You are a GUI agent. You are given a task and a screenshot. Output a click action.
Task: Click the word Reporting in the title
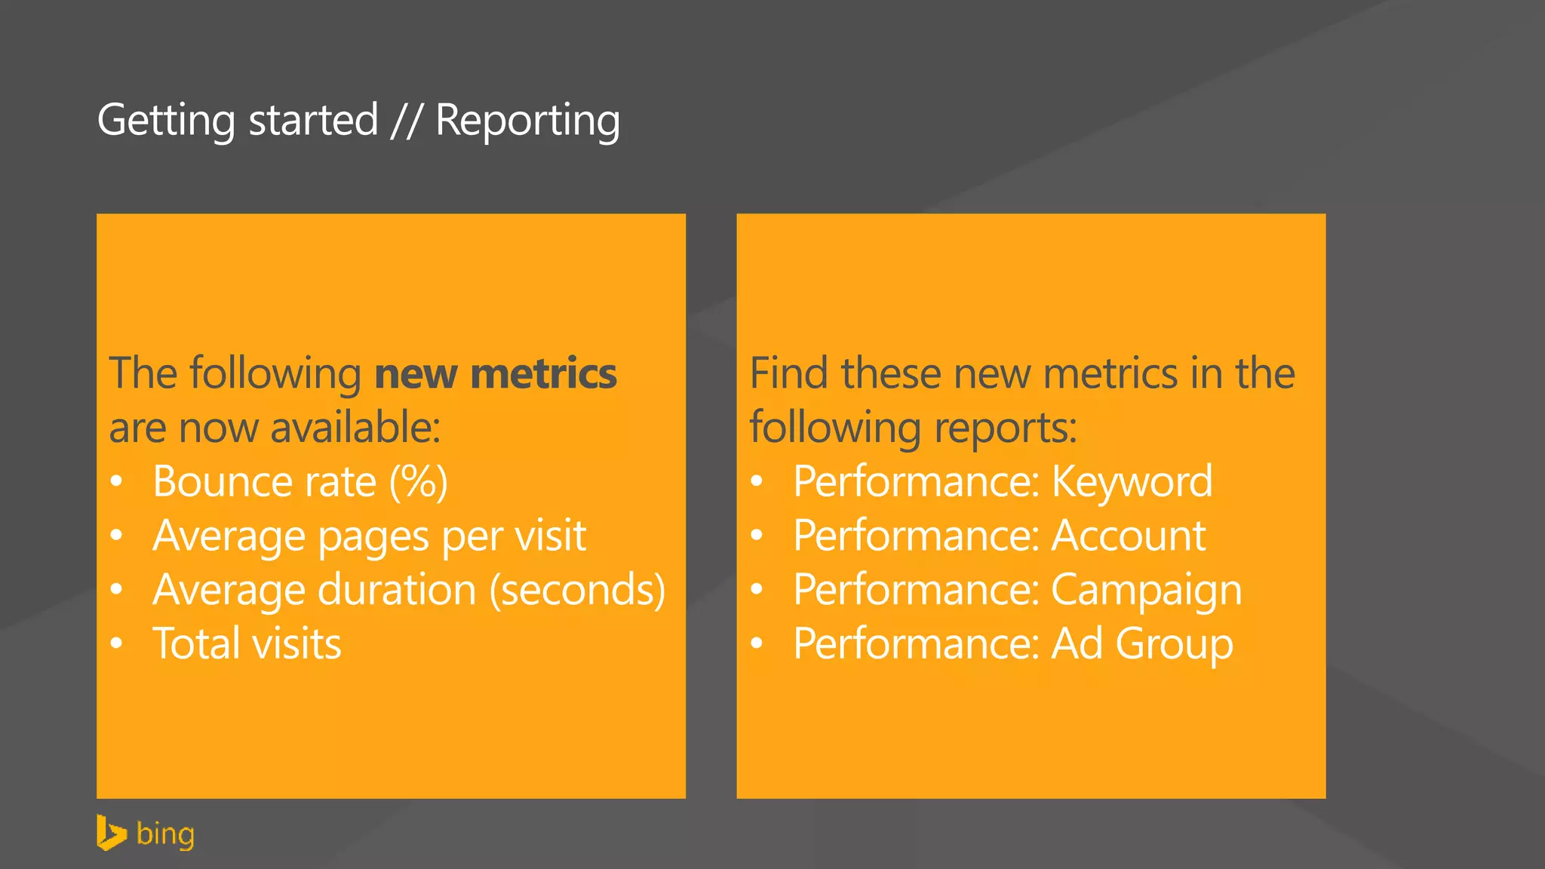527,121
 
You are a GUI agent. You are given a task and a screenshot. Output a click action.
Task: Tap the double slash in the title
406,121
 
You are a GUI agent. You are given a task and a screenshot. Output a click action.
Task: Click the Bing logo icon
111,833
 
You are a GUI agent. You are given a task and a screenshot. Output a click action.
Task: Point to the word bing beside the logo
165,834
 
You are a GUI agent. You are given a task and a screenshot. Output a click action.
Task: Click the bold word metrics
543,374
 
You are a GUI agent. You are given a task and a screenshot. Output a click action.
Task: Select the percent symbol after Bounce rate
418,481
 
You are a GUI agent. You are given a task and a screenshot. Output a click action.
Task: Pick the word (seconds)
578,590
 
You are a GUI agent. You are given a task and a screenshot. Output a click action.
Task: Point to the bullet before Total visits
116,643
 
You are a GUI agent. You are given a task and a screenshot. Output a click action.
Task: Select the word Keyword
1132,481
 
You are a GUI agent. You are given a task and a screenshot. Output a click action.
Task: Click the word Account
1129,536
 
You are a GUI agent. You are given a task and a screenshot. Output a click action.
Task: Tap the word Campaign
1146,590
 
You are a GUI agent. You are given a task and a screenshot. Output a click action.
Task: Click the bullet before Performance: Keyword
757,481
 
